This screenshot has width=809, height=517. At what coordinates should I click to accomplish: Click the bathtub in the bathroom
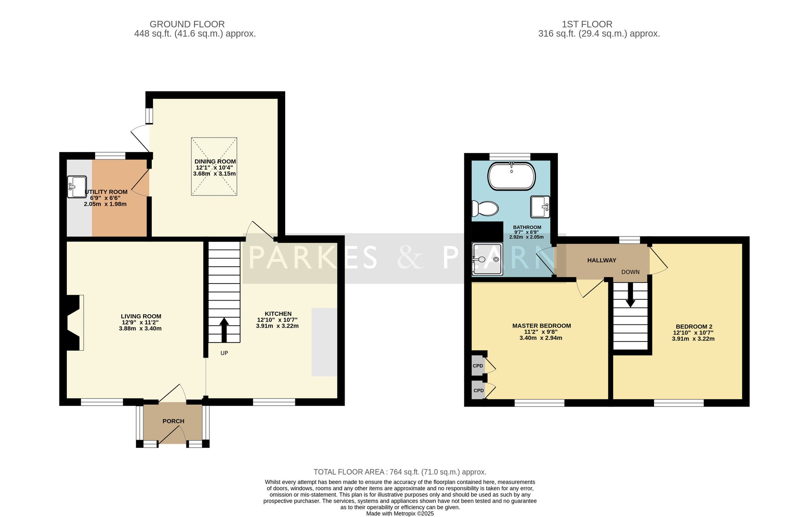pyautogui.click(x=511, y=176)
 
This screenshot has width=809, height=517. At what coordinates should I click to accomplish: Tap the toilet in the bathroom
pyautogui.click(x=485, y=209)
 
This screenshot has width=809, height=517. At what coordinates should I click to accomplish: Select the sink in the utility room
pyautogui.click(x=77, y=186)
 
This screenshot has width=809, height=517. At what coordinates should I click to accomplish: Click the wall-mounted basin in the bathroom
pyautogui.click(x=540, y=206)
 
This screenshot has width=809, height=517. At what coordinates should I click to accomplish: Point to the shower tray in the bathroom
pyautogui.click(x=487, y=259)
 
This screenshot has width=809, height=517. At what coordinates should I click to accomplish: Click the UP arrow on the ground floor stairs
pyautogui.click(x=224, y=330)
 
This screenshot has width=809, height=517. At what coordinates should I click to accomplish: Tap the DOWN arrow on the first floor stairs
pyautogui.click(x=630, y=295)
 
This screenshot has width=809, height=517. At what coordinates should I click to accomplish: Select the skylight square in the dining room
pyautogui.click(x=214, y=167)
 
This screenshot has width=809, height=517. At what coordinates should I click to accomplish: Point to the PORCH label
pyautogui.click(x=174, y=421)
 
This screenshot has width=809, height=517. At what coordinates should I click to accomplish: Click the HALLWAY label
pyautogui.click(x=602, y=261)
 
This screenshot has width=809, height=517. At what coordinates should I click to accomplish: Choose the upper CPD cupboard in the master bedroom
pyautogui.click(x=478, y=366)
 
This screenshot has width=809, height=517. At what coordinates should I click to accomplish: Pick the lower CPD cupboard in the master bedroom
pyautogui.click(x=478, y=390)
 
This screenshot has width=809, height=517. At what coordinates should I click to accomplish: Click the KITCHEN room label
pyautogui.click(x=278, y=314)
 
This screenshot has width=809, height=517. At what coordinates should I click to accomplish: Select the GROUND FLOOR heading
pyautogui.click(x=187, y=24)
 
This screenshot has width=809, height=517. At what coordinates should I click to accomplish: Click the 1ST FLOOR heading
pyautogui.click(x=587, y=24)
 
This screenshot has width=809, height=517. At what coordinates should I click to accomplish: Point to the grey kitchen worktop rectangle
pyautogui.click(x=324, y=342)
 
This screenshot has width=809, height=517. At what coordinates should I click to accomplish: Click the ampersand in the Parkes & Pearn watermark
pyautogui.click(x=411, y=258)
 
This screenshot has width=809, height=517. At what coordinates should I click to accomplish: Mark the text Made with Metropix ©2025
pyautogui.click(x=400, y=514)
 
